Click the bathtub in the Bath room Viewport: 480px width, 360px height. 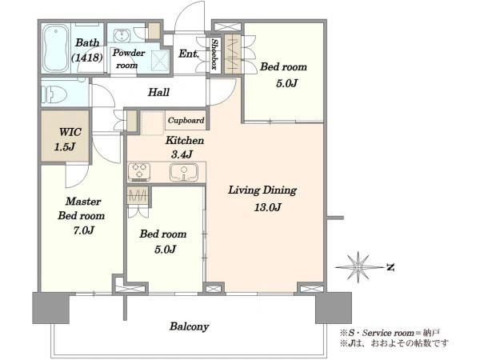[x=55, y=48]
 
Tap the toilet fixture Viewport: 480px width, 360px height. [x=56, y=94]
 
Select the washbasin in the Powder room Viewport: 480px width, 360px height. [x=122, y=35]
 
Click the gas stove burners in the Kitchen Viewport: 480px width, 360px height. [x=139, y=171]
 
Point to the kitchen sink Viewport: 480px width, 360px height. [x=184, y=172]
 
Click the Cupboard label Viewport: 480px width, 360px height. [x=186, y=120]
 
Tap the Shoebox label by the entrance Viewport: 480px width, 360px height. [x=215, y=54]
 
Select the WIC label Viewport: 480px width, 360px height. [x=70, y=132]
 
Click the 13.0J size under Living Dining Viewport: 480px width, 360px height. [x=267, y=207]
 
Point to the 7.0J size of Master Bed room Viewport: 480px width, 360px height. [x=83, y=230]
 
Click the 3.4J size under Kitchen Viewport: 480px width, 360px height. [x=182, y=154]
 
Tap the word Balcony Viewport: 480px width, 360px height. [x=189, y=326]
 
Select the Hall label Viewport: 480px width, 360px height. [x=158, y=92]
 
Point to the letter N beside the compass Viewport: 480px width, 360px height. [x=390, y=267]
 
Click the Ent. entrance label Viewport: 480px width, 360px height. [x=189, y=54]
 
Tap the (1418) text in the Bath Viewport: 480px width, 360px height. [x=87, y=58]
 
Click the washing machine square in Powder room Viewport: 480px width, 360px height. [x=160, y=60]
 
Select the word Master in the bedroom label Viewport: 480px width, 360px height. [x=83, y=202]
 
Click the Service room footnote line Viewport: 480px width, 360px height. [x=390, y=333]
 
